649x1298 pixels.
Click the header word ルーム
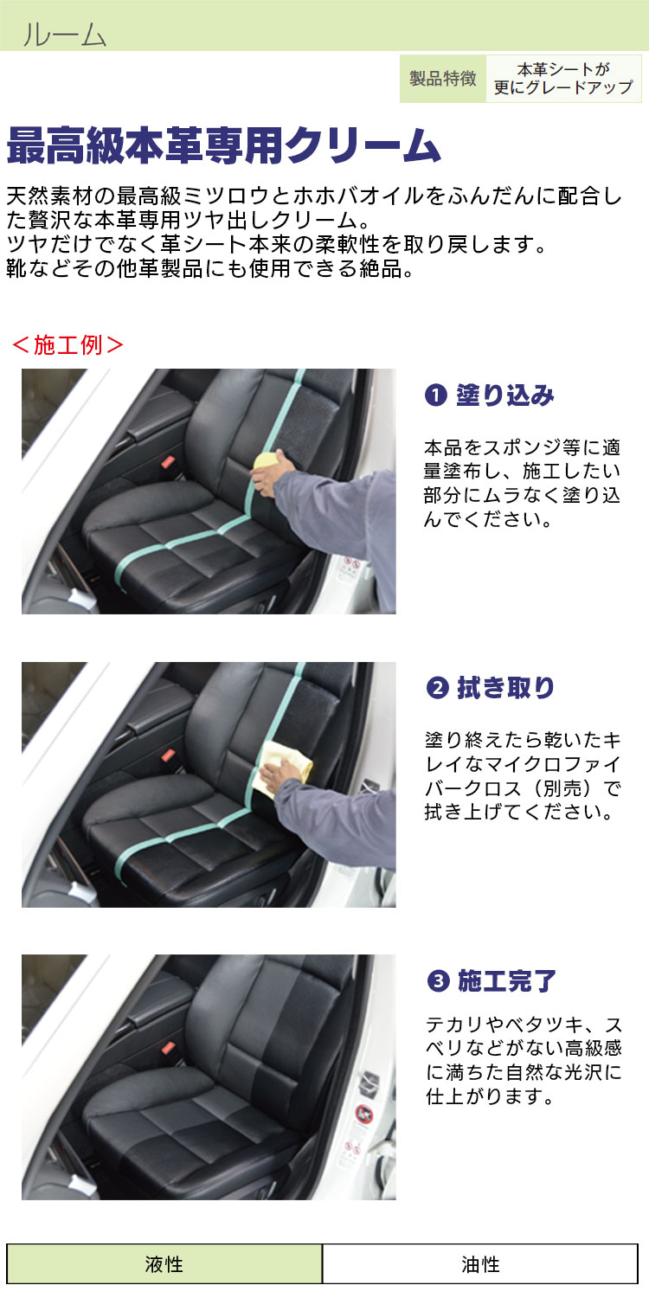(64, 35)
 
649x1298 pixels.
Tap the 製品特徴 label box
(443, 79)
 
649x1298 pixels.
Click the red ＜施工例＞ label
(67, 344)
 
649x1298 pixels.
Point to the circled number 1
(436, 395)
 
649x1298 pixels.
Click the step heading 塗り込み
(505, 395)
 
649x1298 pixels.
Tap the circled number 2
(438, 688)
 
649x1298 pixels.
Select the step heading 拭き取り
(506, 688)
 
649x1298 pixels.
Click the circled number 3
(438, 981)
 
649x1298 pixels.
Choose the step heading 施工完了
(507, 981)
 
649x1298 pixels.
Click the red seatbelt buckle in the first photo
(168, 462)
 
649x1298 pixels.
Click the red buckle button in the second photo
(168, 755)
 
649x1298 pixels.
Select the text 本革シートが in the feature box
(563, 69)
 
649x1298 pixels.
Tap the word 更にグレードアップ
(563, 87)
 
